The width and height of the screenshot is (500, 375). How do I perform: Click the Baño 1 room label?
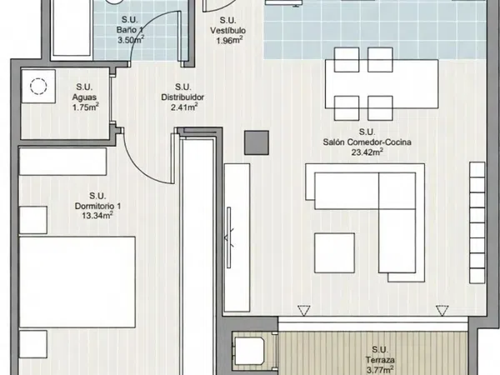[129, 30]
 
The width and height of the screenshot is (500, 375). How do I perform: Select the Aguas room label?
[84, 97]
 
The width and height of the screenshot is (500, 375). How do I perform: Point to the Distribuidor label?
[182, 97]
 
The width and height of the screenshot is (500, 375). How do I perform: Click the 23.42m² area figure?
[367, 152]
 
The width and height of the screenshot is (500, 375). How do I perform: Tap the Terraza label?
[380, 360]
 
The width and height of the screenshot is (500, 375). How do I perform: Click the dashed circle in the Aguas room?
[38, 86]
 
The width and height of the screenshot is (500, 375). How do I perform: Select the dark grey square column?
[257, 142]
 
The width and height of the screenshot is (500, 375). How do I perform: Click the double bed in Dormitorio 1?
[77, 282]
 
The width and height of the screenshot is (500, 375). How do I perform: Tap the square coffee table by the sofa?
[334, 252]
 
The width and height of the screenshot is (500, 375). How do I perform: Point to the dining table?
[382, 84]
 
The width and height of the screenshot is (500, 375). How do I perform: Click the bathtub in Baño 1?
[71, 27]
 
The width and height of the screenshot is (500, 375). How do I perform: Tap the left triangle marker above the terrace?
[303, 311]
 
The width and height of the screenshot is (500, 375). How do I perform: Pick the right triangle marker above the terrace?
[442, 311]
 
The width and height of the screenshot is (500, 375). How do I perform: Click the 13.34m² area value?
[97, 216]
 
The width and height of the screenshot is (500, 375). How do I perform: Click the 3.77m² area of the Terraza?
[380, 370]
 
